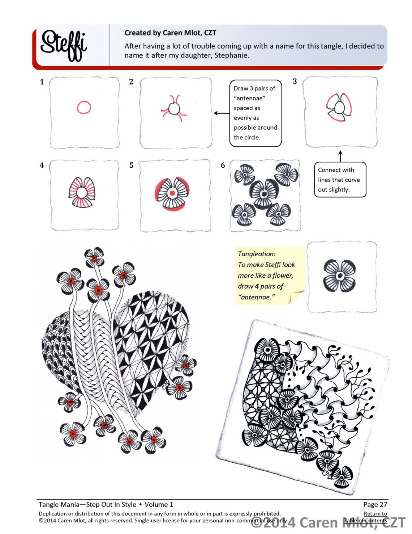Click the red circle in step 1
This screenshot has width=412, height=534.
pyautogui.click(x=84, y=108)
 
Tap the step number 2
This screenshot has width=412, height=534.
pyautogui.click(x=131, y=82)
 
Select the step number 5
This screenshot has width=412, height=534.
pyautogui.click(x=131, y=165)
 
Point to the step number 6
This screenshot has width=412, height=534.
pyautogui.click(x=223, y=165)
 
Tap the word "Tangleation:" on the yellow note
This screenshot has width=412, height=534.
pyautogui.click(x=257, y=254)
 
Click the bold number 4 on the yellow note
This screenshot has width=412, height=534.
pyautogui.click(x=256, y=286)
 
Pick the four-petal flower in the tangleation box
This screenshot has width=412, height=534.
pyautogui.click(x=340, y=276)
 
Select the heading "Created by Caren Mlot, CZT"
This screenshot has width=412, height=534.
pyautogui.click(x=170, y=33)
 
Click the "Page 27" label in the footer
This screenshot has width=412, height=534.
pyautogui.click(x=375, y=504)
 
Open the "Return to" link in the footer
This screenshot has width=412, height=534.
pyautogui.click(x=375, y=513)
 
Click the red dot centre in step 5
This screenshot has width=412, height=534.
pyautogui.click(x=172, y=193)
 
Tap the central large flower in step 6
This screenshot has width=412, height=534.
pyautogui.click(x=264, y=194)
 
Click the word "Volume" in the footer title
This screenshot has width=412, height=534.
pyautogui.click(x=156, y=504)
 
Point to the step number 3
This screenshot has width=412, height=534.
pyautogui.click(x=295, y=81)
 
